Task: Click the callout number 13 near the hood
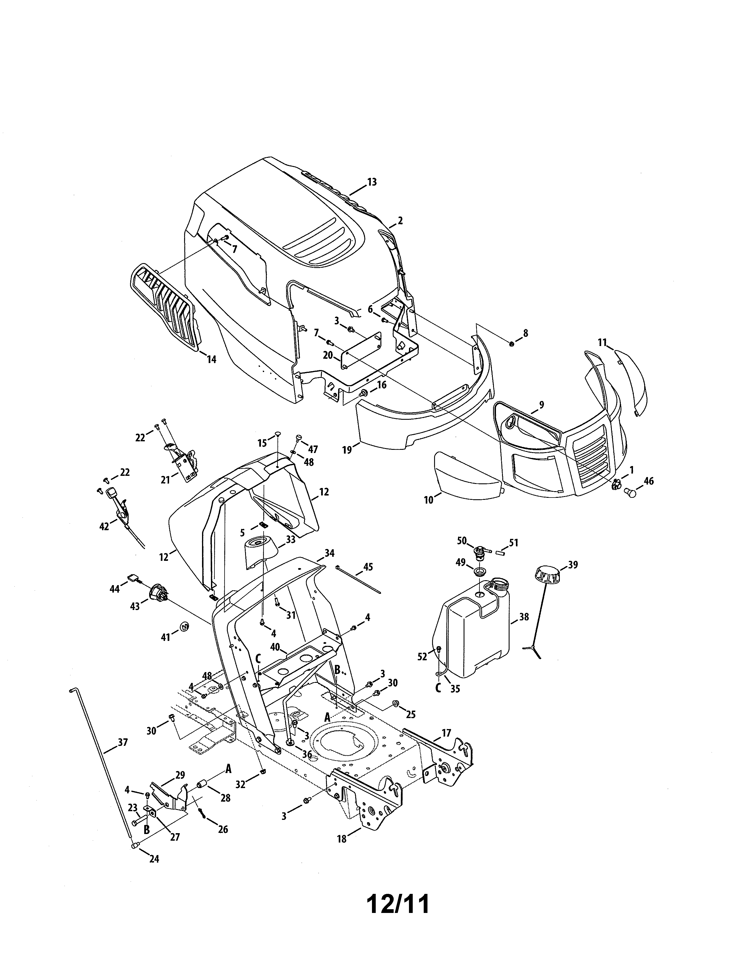pos(372,182)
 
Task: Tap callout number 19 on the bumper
pos(347,450)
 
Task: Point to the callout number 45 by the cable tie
pos(368,567)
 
